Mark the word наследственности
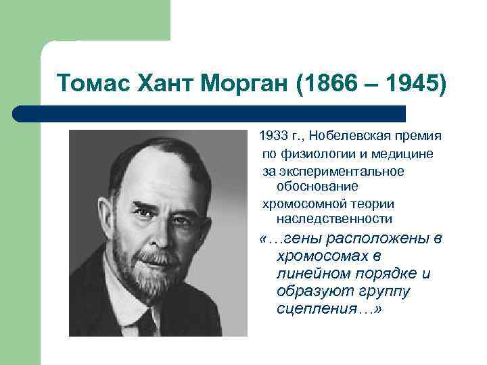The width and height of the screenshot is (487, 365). tap(334, 218)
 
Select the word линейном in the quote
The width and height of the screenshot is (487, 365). tap(310, 274)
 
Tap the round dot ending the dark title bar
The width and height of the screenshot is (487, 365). tap(19, 113)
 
